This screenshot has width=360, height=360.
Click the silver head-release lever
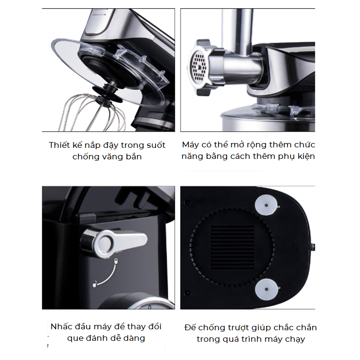[114, 242]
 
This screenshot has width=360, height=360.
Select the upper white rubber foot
[266, 205]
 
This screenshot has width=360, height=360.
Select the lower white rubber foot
[266, 289]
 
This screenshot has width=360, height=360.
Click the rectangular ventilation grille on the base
[232, 247]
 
